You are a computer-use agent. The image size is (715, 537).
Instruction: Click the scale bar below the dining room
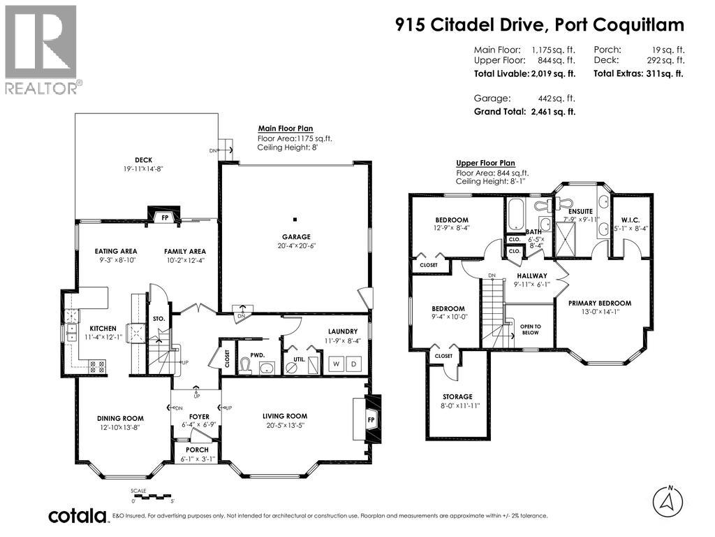click(150, 496)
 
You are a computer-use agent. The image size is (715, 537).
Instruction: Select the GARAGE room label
click(296, 236)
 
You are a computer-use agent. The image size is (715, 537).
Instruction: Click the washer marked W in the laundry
click(337, 364)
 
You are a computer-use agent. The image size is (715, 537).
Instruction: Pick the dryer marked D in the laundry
click(354, 364)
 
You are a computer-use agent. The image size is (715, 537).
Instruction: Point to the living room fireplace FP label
click(371, 420)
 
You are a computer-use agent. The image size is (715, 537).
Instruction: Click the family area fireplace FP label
click(165, 218)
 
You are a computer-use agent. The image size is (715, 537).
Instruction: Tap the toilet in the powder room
click(245, 365)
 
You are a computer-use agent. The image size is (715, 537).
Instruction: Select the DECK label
click(144, 160)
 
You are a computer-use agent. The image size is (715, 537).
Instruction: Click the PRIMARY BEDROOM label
click(600, 303)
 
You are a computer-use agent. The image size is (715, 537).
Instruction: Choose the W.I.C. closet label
click(631, 220)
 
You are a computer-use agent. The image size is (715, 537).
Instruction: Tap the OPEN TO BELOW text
click(531, 330)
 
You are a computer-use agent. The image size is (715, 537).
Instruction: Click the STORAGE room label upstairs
click(457, 397)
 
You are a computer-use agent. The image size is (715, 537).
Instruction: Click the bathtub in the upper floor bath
click(516, 214)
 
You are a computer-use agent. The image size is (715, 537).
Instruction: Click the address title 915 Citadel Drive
click(469, 25)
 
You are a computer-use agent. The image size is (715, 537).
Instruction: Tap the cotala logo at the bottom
click(78, 516)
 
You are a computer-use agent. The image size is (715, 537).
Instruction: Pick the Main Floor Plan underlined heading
click(286, 129)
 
